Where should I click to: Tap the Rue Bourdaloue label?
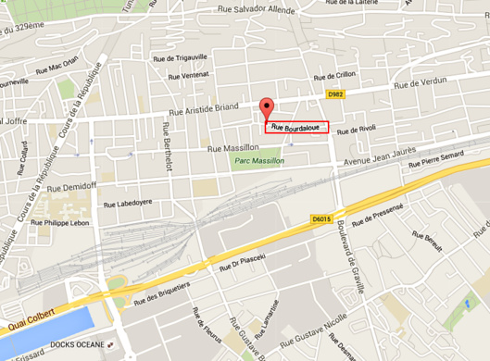[295, 128]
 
